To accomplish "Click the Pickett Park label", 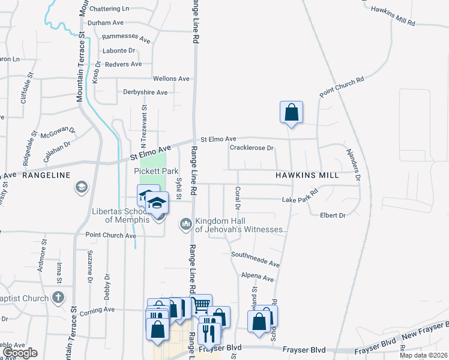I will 155,172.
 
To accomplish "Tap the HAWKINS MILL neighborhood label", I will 307,175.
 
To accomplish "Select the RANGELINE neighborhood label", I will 47,175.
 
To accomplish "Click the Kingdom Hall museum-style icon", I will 186,225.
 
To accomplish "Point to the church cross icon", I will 58,298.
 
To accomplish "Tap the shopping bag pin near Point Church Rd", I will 291,112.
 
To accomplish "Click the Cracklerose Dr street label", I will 252,148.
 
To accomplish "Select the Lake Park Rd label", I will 300,199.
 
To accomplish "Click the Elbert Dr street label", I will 333,215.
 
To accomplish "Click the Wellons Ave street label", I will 171,79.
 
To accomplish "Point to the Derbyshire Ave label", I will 145,92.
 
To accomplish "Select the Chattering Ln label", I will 109,9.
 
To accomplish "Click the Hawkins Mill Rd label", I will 393,16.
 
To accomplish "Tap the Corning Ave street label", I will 100,310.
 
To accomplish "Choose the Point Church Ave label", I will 111,235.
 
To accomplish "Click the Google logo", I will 19,353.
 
